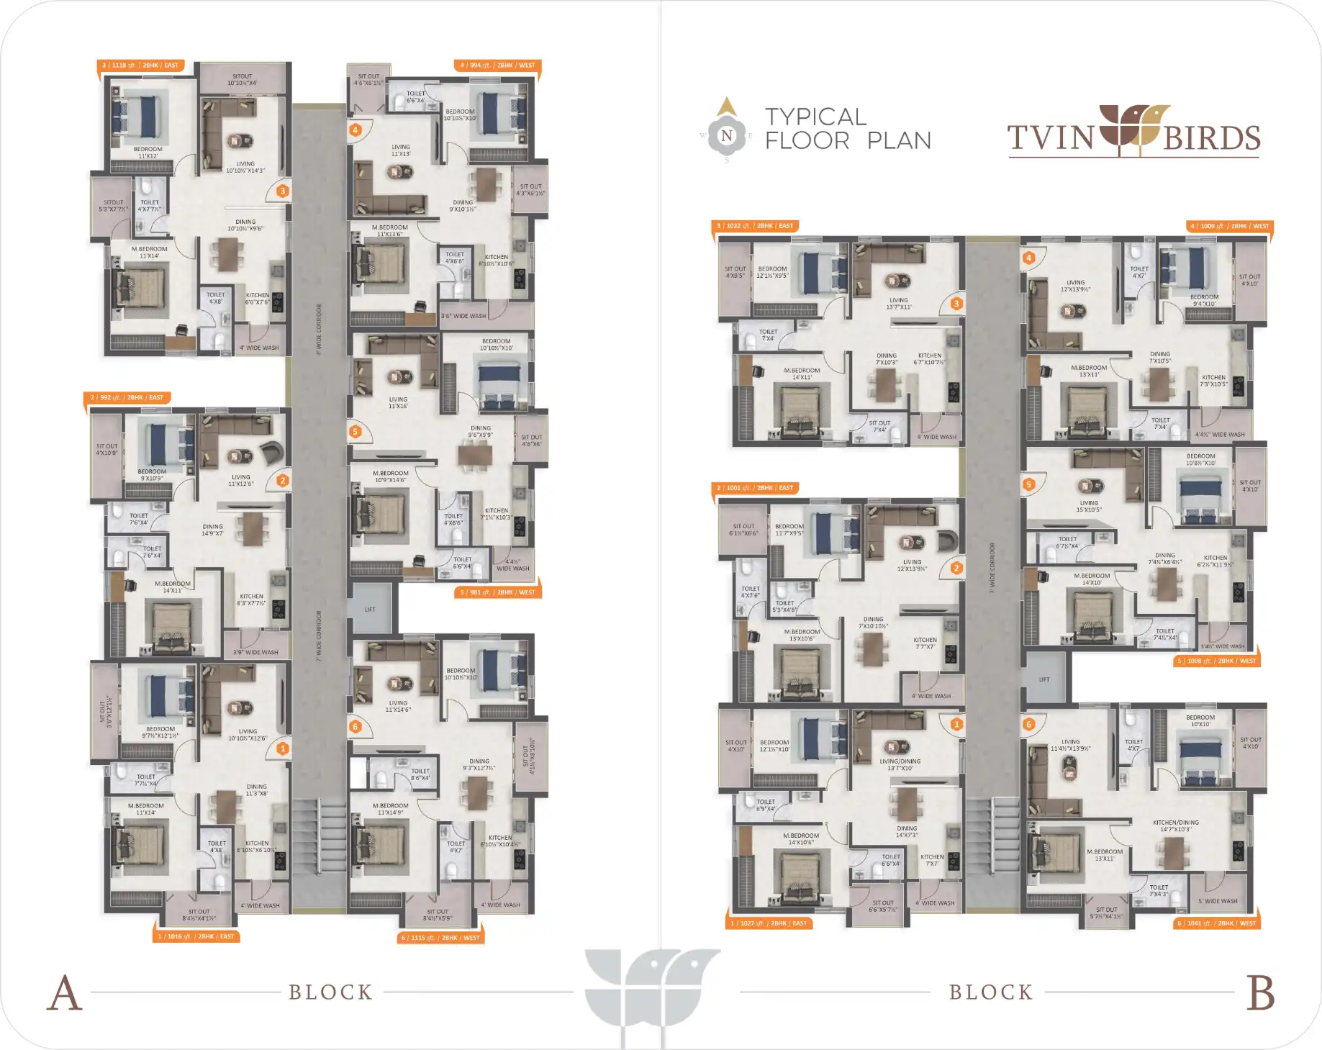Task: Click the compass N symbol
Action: (727, 135)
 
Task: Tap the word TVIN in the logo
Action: (1050, 138)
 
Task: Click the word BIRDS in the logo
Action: (1212, 138)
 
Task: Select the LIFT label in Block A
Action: (370, 610)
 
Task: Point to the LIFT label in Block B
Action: (1044, 679)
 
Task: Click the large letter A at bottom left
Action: (65, 993)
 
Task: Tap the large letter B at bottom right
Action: (1260, 993)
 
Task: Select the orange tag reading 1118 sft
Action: (140, 65)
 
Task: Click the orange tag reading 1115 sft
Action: (440, 938)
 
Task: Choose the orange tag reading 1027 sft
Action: (769, 923)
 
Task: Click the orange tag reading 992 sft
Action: (127, 397)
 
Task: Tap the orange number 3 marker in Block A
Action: (283, 191)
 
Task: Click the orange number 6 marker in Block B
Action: (1029, 724)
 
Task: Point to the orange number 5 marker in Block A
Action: (355, 432)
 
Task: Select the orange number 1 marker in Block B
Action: (956, 724)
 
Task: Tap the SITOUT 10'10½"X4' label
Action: (243, 79)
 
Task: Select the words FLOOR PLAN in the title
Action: (848, 140)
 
